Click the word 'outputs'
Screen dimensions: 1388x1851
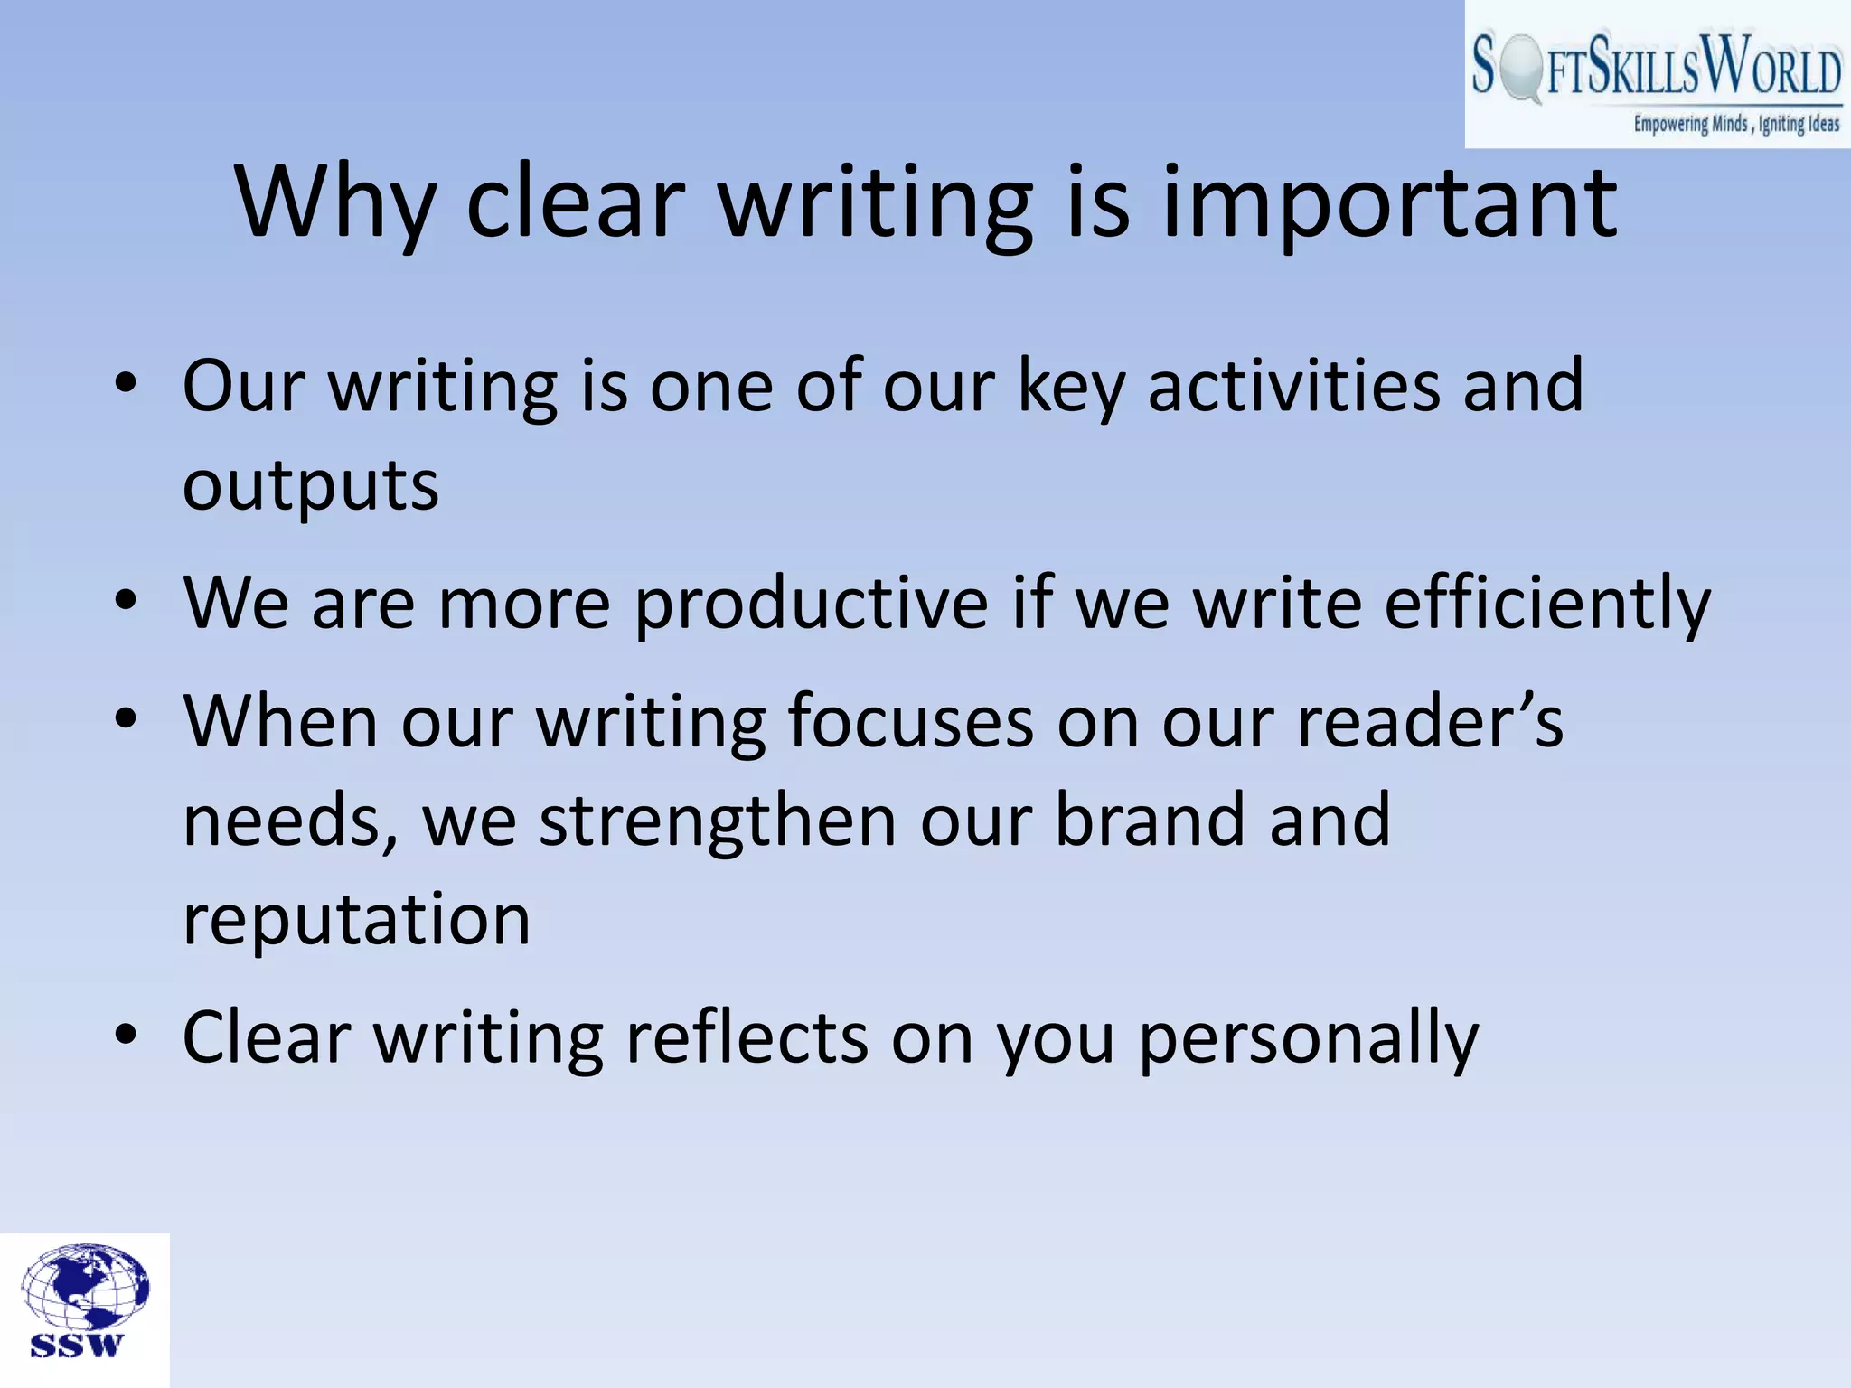pos(311,486)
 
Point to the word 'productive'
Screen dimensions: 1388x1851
pos(811,604)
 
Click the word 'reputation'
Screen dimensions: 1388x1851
pos(357,920)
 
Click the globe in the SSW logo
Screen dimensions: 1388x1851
pos(85,1286)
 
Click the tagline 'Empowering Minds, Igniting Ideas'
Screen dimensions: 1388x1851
pos(1735,124)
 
